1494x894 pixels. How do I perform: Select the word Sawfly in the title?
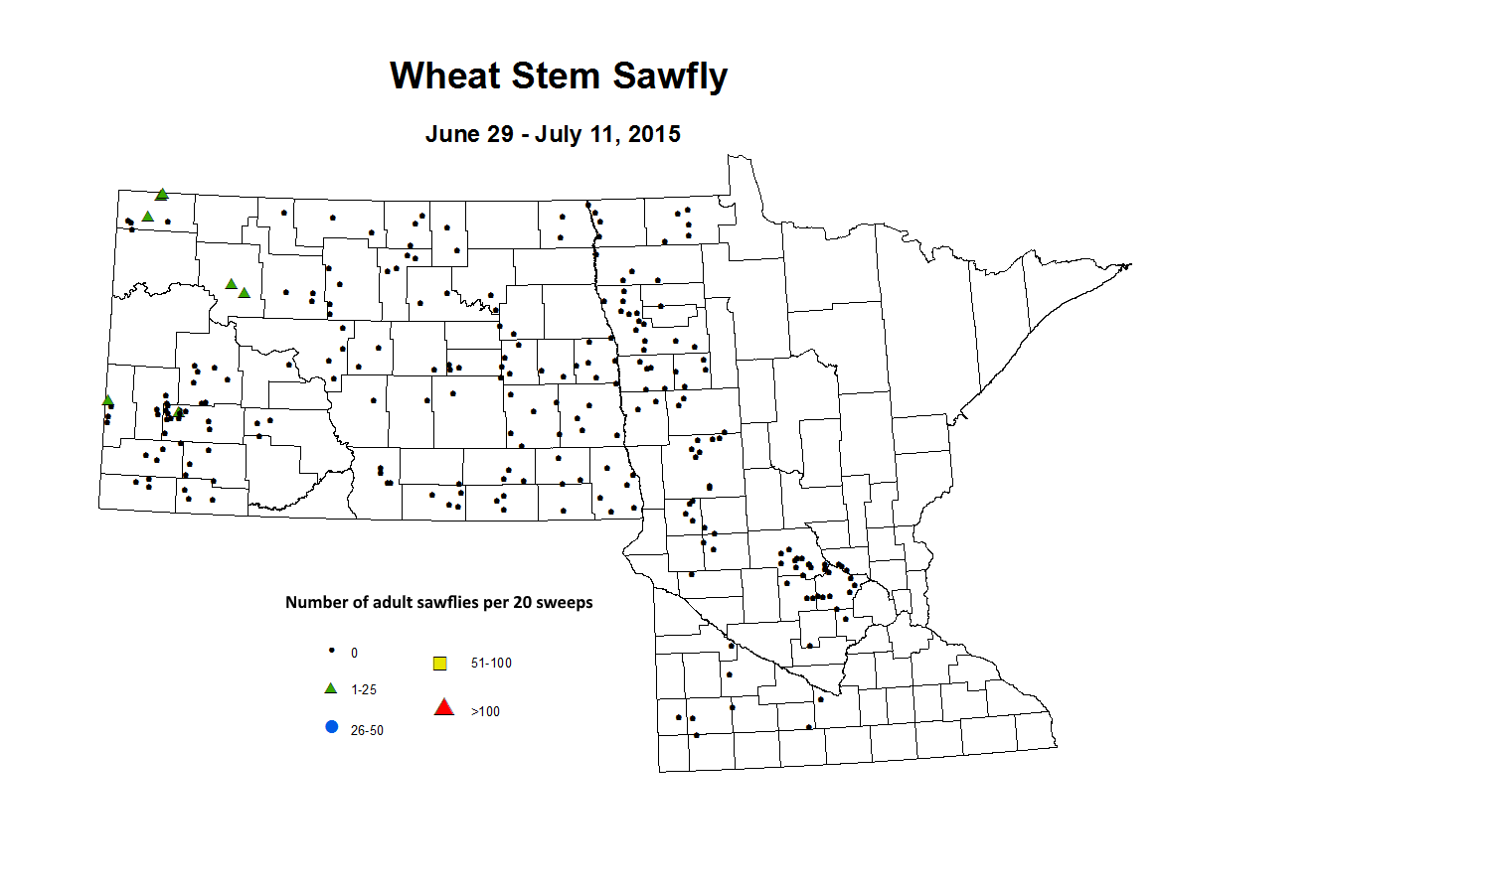[x=670, y=76]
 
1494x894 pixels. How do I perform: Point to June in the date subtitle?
[x=447, y=134]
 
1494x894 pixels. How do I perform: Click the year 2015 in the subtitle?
[x=654, y=134]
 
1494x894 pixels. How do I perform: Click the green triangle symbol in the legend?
[x=331, y=688]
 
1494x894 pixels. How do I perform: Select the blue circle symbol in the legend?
[x=332, y=727]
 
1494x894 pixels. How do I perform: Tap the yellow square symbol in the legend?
[x=440, y=664]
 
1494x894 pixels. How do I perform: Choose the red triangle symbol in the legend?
[x=444, y=707]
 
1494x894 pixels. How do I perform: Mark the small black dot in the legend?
[x=332, y=651]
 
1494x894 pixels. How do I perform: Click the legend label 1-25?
[x=364, y=689]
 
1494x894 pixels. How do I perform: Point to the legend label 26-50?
[x=367, y=730]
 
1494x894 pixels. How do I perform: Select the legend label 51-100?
[x=491, y=663]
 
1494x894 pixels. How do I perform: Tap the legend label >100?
[x=485, y=711]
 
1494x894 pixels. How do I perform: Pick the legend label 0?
[x=354, y=653]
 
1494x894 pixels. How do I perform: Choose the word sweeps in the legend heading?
[x=564, y=602]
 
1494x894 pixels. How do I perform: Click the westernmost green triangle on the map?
[x=108, y=400]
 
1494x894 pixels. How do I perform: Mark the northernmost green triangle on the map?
[x=162, y=195]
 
